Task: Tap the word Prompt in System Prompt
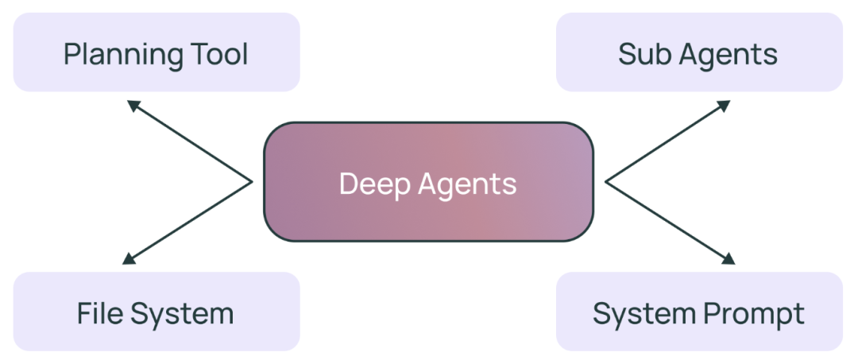(755, 315)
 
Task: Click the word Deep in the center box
(368, 184)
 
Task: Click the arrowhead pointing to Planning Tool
(132, 105)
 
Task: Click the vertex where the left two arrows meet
(252, 182)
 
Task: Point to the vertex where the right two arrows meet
(606, 182)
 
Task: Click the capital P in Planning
(71, 54)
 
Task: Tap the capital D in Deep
(347, 184)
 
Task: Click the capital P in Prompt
(710, 313)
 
